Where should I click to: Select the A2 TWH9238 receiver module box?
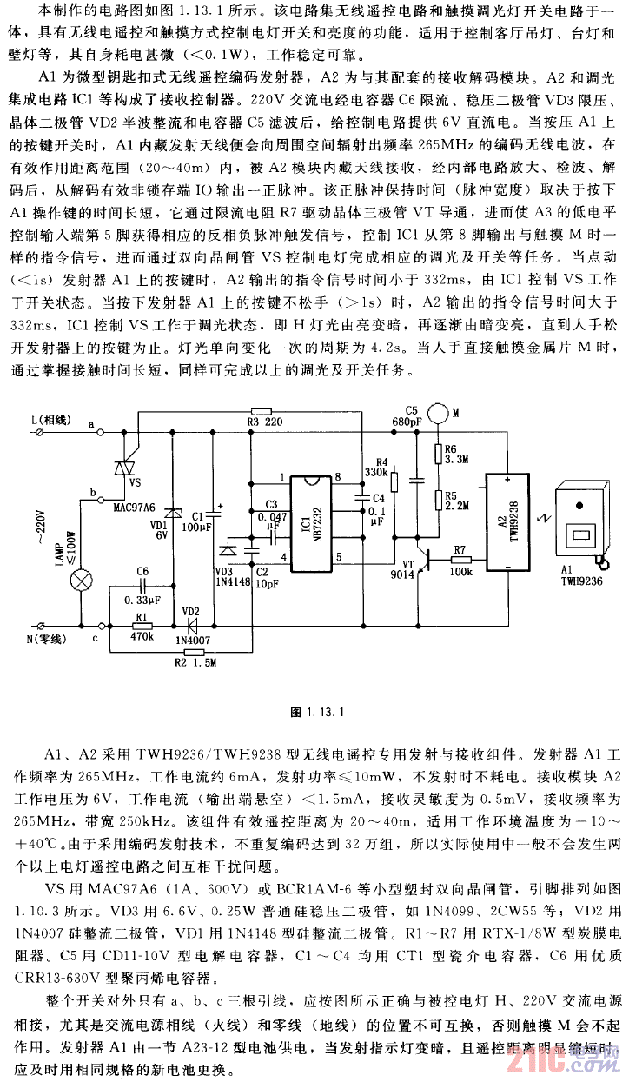click(x=507, y=522)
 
